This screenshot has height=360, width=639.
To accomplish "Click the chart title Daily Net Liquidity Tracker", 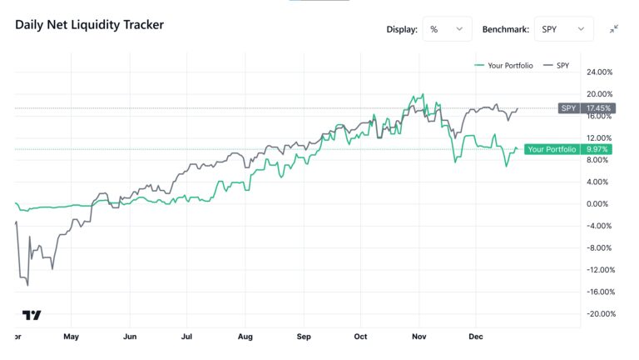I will coord(89,25).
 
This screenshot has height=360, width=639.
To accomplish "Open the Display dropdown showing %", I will coord(447,29).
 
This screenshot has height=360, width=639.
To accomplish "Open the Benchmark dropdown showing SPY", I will coord(562,29).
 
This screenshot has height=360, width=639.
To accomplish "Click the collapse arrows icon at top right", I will coord(613,29).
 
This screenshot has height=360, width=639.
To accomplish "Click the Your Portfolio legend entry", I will coord(503,65).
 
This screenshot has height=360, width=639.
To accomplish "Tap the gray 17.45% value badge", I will coord(598,108).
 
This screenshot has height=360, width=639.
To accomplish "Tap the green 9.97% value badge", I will coord(598,149).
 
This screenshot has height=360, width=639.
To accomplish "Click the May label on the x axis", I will coord(71,337).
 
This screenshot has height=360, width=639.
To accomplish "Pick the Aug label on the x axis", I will coord(245,337).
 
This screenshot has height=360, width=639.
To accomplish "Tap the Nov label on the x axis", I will coord(419,337).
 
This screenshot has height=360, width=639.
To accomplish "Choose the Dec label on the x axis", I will coord(475,337).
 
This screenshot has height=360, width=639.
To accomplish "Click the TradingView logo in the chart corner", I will coord(32,315).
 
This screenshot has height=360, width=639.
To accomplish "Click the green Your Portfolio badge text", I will coord(552,149).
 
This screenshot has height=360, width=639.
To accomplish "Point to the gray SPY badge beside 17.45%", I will coord(569,108).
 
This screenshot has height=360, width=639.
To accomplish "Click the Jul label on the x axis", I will coord(186,337).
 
